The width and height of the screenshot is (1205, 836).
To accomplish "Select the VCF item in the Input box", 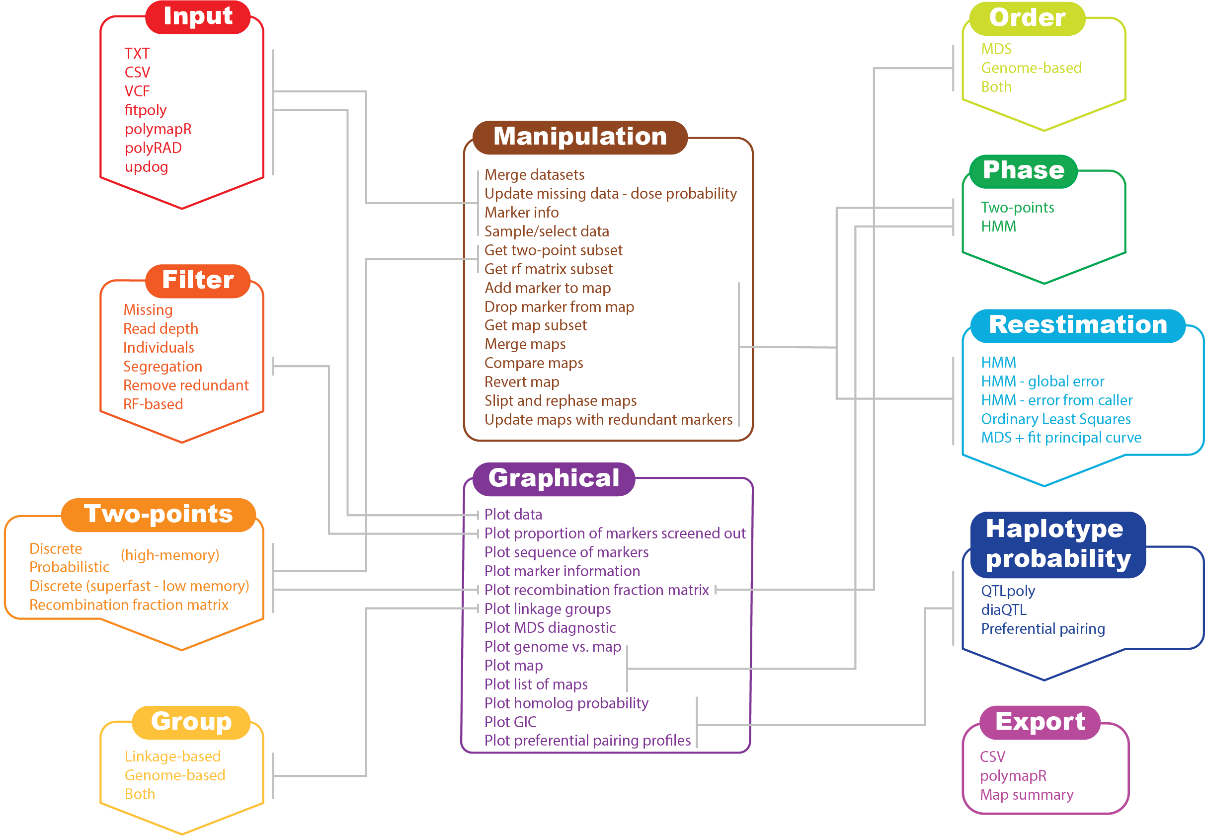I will [x=137, y=91].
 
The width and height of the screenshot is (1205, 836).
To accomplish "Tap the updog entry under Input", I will [x=146, y=167].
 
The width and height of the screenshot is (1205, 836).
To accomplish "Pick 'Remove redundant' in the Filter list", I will [x=185, y=385].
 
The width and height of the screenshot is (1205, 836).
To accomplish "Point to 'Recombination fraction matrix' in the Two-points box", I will [x=129, y=605].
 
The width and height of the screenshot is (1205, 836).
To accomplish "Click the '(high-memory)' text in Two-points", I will [x=170, y=555].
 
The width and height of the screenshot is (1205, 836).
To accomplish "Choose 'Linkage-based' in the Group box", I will [x=172, y=757].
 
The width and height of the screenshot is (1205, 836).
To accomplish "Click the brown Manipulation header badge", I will [x=580, y=137].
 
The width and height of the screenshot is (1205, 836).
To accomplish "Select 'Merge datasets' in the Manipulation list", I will [x=534, y=175].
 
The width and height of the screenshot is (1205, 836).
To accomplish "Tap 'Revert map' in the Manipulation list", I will [x=521, y=382].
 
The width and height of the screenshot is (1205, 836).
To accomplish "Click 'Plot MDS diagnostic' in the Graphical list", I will [x=550, y=628].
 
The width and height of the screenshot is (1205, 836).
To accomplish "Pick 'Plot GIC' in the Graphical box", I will [x=510, y=722].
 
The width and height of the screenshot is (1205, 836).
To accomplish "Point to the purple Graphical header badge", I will [x=554, y=479].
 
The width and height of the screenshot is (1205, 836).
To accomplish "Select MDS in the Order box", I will [x=996, y=49].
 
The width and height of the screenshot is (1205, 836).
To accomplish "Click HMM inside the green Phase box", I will [x=998, y=227].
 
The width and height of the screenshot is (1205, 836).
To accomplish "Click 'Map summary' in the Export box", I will [x=1026, y=795].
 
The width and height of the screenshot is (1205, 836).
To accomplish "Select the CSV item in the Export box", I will [x=992, y=757].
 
